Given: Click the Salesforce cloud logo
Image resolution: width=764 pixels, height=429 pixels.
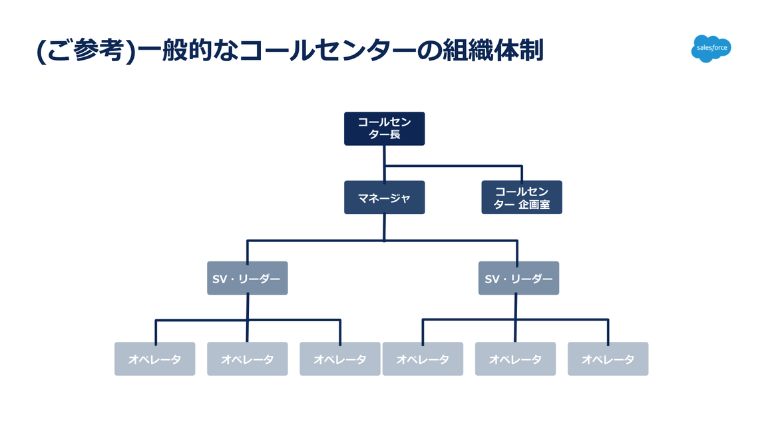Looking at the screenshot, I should [x=711, y=49].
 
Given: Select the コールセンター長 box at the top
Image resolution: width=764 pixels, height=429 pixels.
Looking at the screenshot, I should [x=384, y=128].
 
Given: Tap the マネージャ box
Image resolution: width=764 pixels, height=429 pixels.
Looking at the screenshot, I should [x=384, y=198].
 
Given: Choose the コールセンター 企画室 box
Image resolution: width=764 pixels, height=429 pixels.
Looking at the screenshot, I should [x=521, y=198].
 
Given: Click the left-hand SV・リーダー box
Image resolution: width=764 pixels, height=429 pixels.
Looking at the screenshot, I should [x=247, y=278].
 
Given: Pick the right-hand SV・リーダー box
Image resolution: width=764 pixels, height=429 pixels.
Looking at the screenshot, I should [x=518, y=278].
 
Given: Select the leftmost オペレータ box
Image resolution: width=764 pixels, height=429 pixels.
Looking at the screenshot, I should [x=154, y=358].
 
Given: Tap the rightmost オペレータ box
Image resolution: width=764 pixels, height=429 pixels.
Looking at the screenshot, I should [x=608, y=358].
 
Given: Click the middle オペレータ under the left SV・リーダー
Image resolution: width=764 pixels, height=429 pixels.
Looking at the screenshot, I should [x=247, y=358].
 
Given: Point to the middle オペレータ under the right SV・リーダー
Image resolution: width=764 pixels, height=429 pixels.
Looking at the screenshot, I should [x=515, y=358].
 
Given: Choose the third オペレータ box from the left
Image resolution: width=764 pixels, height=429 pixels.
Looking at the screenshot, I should [x=339, y=358].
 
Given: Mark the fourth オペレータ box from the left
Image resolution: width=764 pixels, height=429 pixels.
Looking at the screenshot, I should [x=423, y=358].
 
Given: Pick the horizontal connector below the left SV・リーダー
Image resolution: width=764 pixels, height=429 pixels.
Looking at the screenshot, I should [x=200, y=321].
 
